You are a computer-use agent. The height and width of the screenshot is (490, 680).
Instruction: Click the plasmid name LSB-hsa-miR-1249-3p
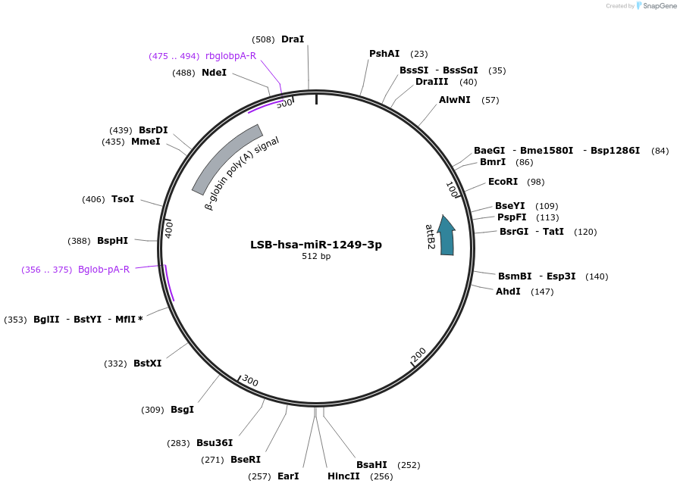point(316,245)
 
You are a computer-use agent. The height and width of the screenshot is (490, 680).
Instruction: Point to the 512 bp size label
point(316,257)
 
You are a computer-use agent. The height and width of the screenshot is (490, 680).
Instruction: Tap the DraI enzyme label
point(293,39)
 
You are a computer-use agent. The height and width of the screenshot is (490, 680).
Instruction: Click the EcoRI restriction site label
point(503,182)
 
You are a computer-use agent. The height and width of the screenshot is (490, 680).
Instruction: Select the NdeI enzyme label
point(214,73)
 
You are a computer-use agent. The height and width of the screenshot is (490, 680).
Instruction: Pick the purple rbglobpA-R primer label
point(230,56)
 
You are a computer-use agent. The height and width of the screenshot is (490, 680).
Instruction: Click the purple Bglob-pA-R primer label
point(104,270)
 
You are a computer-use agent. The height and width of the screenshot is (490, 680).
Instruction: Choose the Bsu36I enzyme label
point(215,443)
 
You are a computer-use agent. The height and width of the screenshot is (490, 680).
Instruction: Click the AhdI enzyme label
point(508,292)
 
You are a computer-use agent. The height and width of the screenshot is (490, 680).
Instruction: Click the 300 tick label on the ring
point(249,381)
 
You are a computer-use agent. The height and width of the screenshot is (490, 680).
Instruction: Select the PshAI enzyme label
point(384,54)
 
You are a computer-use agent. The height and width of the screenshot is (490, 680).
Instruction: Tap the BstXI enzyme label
point(147,364)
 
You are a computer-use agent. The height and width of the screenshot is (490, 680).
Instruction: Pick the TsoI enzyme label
point(123,199)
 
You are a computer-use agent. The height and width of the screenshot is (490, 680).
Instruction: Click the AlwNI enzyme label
point(455,100)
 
